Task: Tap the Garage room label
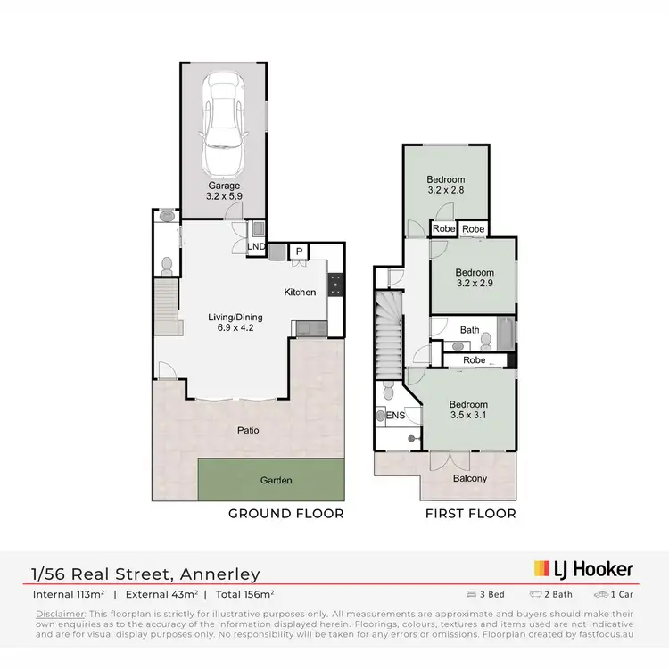click(224, 186)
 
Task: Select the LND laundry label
click(255, 245)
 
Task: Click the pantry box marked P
click(299, 252)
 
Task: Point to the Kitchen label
click(300, 292)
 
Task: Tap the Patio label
click(248, 430)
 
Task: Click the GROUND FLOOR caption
click(285, 513)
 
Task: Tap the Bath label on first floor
click(469, 330)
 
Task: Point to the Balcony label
click(470, 478)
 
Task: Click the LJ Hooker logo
click(583, 568)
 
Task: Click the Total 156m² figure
click(242, 593)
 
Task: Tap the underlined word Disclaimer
click(60, 615)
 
